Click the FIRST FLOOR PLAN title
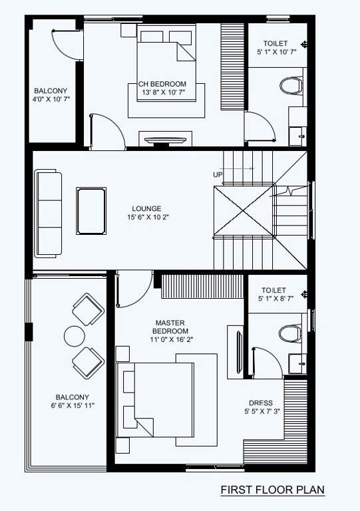tap(273, 490)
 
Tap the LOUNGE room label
tap(147, 208)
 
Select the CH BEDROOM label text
tap(162, 84)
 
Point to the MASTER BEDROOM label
tap(170, 326)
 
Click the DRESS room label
tap(260, 403)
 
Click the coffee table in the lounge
tap(92, 210)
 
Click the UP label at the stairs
tap(218, 174)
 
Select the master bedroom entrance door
tap(133, 290)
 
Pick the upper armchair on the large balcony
tap(87, 309)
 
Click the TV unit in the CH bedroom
tap(166, 139)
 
